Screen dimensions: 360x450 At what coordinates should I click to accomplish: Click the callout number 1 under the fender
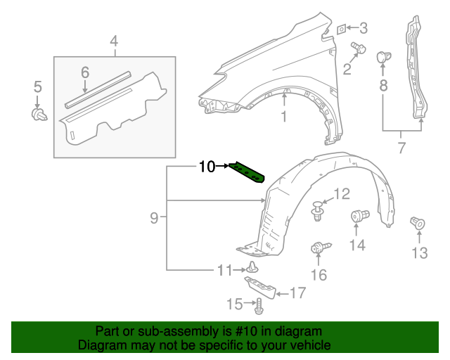click(284, 117)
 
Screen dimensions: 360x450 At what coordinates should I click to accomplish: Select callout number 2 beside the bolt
click(347, 68)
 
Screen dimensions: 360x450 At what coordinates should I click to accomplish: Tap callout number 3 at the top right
click(363, 28)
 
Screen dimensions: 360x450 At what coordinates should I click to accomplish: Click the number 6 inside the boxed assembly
click(85, 72)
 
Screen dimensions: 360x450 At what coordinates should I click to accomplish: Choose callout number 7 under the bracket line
click(401, 148)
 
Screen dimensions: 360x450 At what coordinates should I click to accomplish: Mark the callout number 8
click(383, 85)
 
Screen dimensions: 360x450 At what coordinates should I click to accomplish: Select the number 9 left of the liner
click(154, 219)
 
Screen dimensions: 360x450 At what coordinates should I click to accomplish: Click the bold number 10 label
click(207, 167)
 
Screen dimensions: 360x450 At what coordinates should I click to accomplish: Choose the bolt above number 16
click(319, 247)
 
